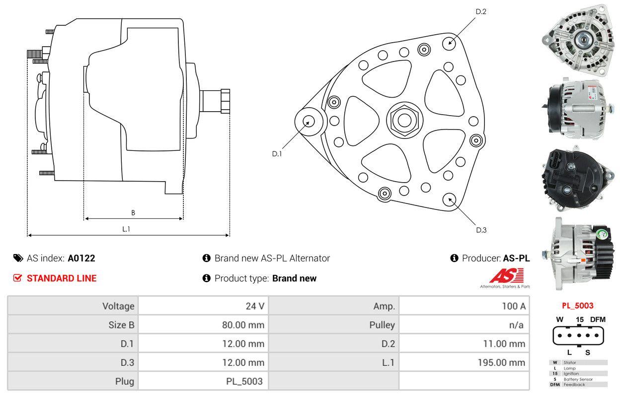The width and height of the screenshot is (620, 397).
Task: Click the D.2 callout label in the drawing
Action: [480, 11]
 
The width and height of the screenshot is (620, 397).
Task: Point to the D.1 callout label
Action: [277, 154]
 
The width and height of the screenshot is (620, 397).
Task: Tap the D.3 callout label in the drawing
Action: [481, 230]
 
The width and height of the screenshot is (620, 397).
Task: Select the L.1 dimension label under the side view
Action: [126, 229]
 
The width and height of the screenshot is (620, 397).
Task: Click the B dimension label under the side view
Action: [133, 213]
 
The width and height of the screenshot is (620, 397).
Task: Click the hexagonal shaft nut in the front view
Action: [403, 119]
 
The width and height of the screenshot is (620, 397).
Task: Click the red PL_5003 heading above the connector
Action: [578, 306]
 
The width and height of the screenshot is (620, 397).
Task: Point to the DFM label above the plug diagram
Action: [598, 320]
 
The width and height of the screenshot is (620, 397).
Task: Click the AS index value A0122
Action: [81, 258]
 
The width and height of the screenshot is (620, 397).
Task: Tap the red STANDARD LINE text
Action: [61, 278]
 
